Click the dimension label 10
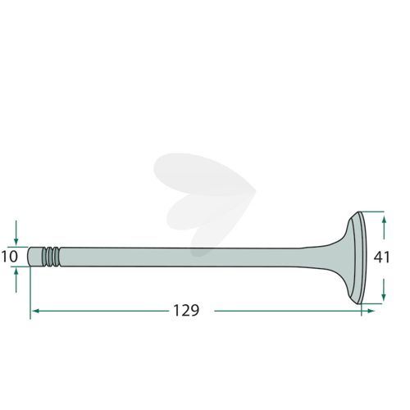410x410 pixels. [x=10, y=257]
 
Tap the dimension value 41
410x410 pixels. [x=382, y=257]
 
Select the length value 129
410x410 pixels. [x=186, y=311]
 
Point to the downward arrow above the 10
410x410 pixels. [x=16, y=233]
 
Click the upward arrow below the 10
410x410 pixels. [x=16, y=280]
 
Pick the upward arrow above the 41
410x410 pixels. [x=384, y=227]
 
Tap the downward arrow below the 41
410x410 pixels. [x=384, y=289]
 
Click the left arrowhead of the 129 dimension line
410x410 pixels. [x=35, y=311]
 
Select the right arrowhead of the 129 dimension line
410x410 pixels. [x=371, y=311]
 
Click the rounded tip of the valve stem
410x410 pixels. [x=29, y=257]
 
